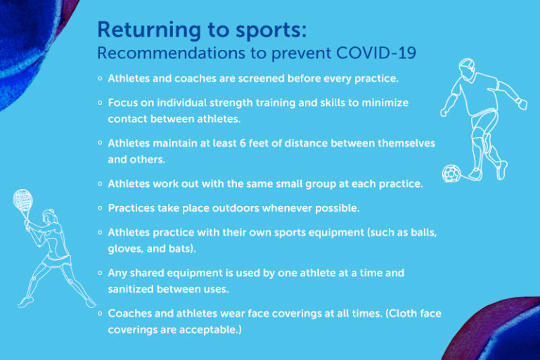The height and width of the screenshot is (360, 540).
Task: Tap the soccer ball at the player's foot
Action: [x=451, y=172]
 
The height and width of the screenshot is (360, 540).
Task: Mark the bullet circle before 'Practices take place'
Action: [x=101, y=208]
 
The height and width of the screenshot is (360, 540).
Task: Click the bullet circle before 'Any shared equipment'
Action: [x=101, y=271]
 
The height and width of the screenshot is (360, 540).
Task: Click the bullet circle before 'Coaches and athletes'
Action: [x=101, y=312]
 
